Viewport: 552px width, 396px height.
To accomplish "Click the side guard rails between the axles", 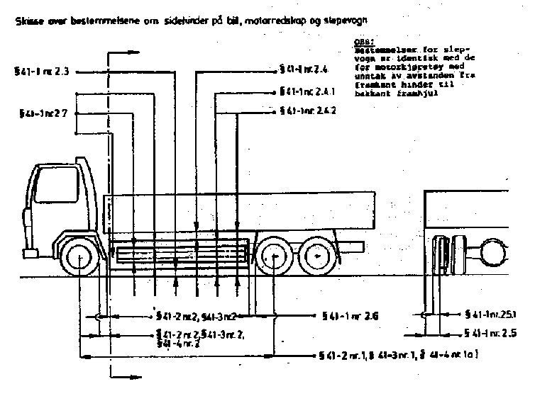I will tap(181, 252).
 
